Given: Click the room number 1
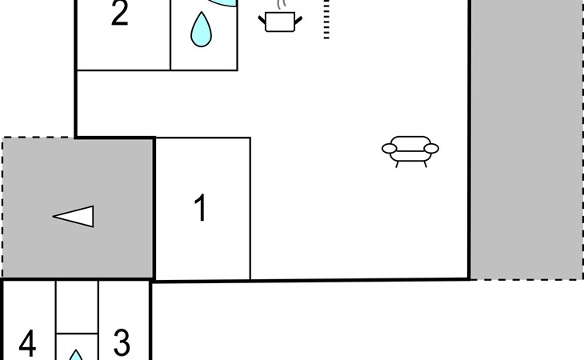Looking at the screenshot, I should [201, 208].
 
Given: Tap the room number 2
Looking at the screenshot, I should [119, 14].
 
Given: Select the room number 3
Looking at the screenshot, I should [122, 342].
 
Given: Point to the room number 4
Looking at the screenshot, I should [27, 345].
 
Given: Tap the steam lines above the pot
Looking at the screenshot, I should [280, 5].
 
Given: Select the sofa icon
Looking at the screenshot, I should [410, 148].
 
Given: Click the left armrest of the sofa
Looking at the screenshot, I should [390, 148].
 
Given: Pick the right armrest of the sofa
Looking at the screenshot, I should [431, 148].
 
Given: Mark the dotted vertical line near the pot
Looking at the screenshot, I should [326, 19].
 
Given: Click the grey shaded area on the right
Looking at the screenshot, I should [526, 140].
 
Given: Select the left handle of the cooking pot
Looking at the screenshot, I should [264, 18].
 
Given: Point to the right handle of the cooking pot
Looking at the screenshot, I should [298, 18].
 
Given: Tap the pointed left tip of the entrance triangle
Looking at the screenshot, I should [54, 216].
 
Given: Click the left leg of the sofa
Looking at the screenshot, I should [398, 163].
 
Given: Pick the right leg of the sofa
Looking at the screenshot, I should [425, 163].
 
